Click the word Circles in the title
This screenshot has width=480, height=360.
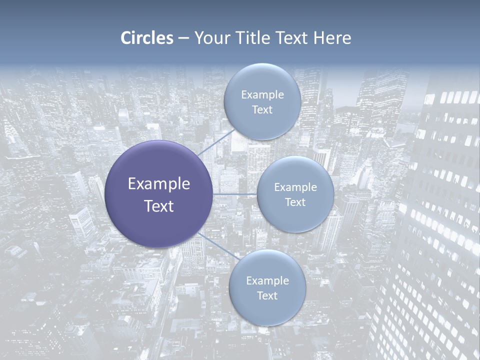pyautogui.click(x=147, y=38)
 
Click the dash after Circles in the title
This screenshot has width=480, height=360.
pyautogui.click(x=183, y=38)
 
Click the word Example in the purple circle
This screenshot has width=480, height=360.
pyautogui.click(x=159, y=184)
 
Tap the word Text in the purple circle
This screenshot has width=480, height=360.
pyautogui.click(x=159, y=206)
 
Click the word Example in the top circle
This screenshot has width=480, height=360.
pyautogui.click(x=262, y=95)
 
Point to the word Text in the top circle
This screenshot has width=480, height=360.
pyautogui.click(x=262, y=110)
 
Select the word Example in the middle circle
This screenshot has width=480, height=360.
pyautogui.click(x=295, y=187)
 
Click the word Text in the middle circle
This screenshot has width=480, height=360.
pyautogui.click(x=295, y=202)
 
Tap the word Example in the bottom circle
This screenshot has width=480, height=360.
pyautogui.click(x=267, y=281)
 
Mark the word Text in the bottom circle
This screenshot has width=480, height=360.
pyautogui.click(x=267, y=296)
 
